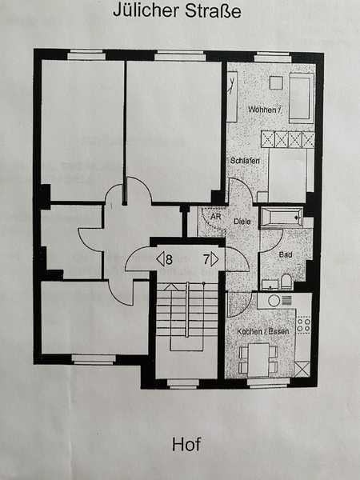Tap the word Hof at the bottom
[x=186, y=445]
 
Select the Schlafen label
[x=245, y=161]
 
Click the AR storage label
[x=214, y=216]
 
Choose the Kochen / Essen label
[x=257, y=331]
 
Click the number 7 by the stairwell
[x=206, y=258]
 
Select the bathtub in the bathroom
[x=282, y=217]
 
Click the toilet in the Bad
[x=286, y=282]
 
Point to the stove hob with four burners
[x=303, y=324]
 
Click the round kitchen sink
[x=274, y=301]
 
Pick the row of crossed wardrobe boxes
[x=288, y=139]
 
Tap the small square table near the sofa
[x=275, y=82]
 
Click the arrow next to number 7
[x=215, y=258]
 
